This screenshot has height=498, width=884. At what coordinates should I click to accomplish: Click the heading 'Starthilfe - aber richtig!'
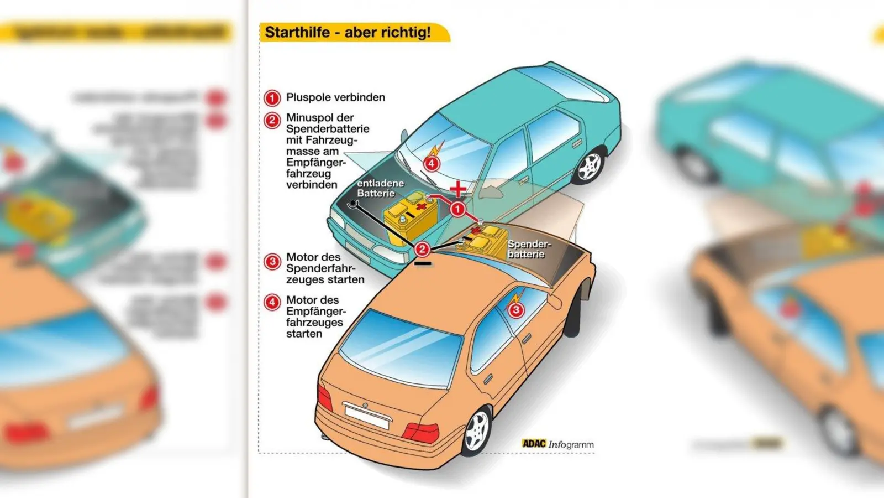click(348, 32)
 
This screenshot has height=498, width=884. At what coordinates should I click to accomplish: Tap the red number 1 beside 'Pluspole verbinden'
click(272, 98)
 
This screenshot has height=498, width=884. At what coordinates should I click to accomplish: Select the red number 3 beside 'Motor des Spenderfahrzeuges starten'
click(272, 261)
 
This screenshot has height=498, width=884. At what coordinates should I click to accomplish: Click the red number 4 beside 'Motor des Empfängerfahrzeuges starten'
click(272, 302)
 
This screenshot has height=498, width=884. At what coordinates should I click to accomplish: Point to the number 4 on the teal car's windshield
click(432, 163)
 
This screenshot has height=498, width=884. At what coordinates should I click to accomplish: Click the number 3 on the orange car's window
click(515, 309)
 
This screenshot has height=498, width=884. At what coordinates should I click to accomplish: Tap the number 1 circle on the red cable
click(457, 209)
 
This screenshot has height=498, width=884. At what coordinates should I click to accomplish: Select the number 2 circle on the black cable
click(422, 250)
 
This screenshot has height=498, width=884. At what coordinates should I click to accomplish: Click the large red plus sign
click(457, 189)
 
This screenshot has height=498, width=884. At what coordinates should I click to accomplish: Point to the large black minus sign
click(423, 264)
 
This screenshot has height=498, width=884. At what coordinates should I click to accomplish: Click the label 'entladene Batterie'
click(380, 188)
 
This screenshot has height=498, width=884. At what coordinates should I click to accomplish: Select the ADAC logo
click(534, 444)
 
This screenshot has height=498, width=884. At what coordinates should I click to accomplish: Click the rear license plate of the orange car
click(366, 416)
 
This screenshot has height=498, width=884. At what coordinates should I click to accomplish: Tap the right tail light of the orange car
click(421, 432)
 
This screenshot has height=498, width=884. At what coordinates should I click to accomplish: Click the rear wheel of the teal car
click(589, 166)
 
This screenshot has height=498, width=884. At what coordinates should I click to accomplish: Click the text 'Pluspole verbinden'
click(335, 97)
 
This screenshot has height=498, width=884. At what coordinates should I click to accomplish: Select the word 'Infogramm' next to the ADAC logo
click(571, 444)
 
